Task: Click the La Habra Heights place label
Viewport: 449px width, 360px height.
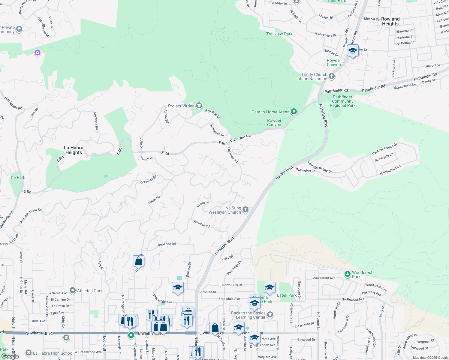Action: tap(74, 150)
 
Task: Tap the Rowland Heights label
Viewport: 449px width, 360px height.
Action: tap(390, 21)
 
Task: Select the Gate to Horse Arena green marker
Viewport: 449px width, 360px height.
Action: tap(294, 112)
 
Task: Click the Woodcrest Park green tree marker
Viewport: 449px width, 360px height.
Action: tap(347, 274)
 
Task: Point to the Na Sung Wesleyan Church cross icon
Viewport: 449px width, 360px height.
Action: tap(246, 210)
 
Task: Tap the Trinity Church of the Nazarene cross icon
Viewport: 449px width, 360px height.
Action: tap(332, 76)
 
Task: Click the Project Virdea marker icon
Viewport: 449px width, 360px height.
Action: tap(199, 106)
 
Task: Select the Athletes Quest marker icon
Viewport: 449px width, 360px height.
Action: tap(72, 290)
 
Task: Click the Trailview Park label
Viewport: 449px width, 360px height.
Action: tap(279, 34)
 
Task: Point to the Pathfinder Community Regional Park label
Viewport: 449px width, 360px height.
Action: tap(342, 101)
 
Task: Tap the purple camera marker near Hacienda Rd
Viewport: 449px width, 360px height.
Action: tap(38, 53)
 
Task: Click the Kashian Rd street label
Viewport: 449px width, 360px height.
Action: tap(202, 223)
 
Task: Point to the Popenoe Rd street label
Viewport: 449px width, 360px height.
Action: tap(167, 244)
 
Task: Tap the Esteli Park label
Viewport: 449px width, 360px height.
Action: tap(287, 295)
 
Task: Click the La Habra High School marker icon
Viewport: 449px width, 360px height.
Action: tap(29, 353)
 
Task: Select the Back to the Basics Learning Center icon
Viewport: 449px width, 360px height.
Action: tap(270, 314)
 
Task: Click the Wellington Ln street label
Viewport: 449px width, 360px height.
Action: tap(305, 170)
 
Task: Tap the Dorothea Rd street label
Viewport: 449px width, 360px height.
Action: tap(149, 179)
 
